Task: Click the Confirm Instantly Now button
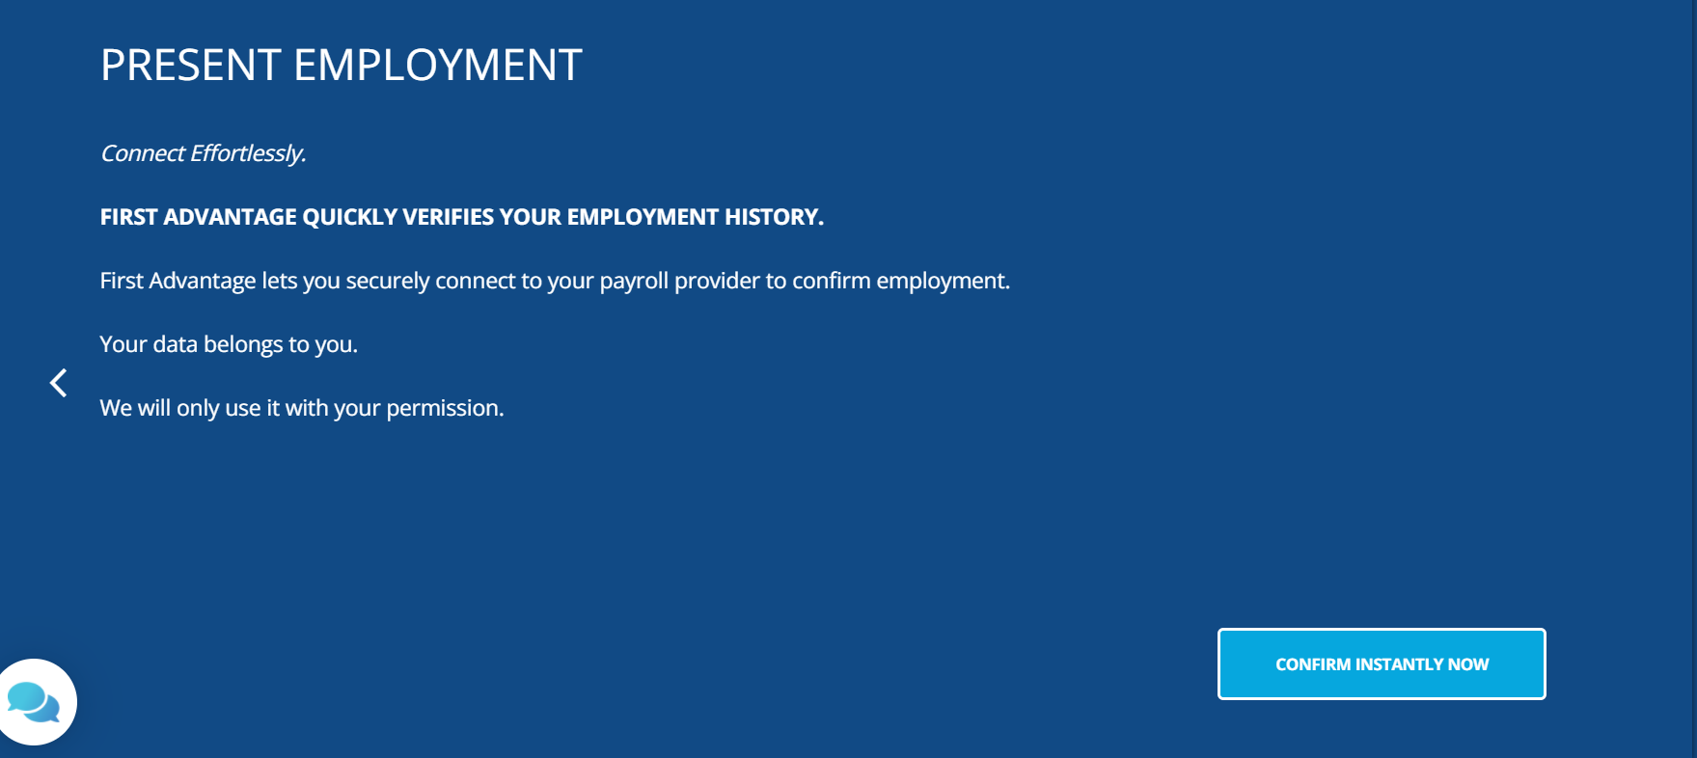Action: pyautogui.click(x=1382, y=663)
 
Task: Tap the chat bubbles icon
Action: pyautogui.click(x=34, y=702)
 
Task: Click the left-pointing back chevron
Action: pyautogui.click(x=59, y=383)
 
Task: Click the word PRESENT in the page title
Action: pyautogui.click(x=191, y=66)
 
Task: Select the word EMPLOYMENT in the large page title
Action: pyautogui.click(x=438, y=66)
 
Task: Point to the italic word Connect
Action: pyautogui.click(x=143, y=153)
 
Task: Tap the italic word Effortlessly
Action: pyautogui.click(x=248, y=154)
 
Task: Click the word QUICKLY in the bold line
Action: pyautogui.click(x=350, y=217)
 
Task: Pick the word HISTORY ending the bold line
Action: pyautogui.click(x=774, y=217)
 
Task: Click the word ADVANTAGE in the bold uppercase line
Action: pyautogui.click(x=231, y=217)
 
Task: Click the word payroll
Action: pyautogui.click(x=634, y=281)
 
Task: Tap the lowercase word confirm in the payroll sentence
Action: pyautogui.click(x=831, y=281)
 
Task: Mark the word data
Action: pyautogui.click(x=176, y=344)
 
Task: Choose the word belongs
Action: pyautogui.click(x=243, y=345)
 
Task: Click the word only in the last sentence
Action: pyautogui.click(x=198, y=409)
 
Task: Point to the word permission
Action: pyautogui.click(x=445, y=409)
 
